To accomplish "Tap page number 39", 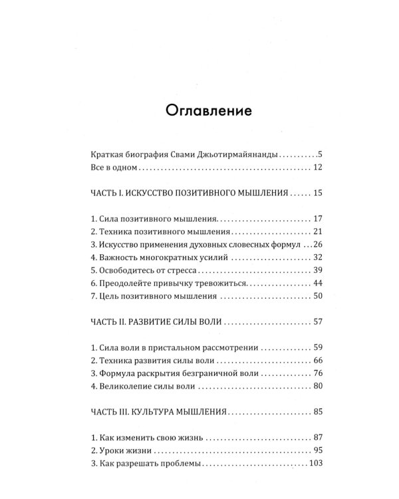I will point(317,270).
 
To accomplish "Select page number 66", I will point(317,360).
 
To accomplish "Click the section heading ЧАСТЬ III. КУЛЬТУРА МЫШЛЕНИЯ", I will point(160,412).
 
